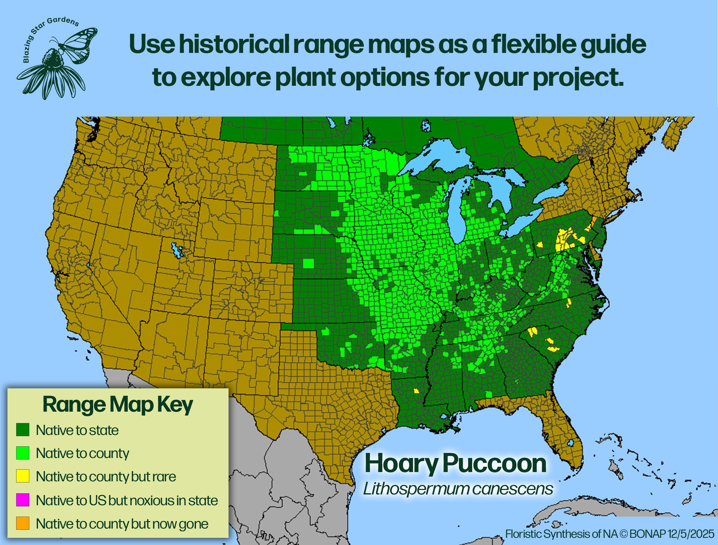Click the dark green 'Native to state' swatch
coord(23,430)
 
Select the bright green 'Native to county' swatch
coord(23,453)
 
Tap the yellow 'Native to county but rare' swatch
coord(23,476)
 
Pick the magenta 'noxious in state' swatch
coord(23,500)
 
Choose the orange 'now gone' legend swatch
coord(23,523)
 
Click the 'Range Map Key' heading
coord(118,404)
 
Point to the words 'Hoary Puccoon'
coord(455,464)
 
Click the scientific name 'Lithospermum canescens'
coord(458,488)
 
